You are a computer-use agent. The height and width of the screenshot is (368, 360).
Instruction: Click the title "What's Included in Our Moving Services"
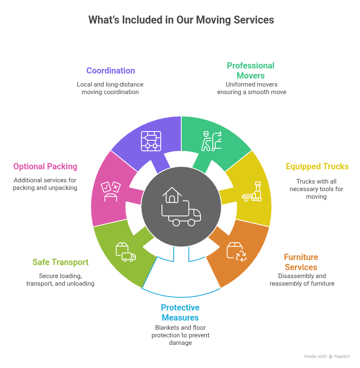[181, 20]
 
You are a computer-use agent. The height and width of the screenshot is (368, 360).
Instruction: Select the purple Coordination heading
[111, 71]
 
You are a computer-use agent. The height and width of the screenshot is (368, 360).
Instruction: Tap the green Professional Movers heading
[250, 71]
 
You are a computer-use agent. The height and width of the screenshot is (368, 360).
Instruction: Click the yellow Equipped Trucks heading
[317, 166]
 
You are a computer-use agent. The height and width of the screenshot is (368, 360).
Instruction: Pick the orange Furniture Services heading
[301, 262]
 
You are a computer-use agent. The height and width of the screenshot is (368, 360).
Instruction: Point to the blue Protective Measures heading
[180, 313]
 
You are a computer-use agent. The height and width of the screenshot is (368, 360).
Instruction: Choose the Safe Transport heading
[60, 262]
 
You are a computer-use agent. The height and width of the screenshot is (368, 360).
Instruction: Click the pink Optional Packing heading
[45, 166]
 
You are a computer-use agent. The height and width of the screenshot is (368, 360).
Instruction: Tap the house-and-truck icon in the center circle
[181, 207]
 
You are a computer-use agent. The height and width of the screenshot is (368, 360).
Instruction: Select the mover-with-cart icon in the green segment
[211, 141]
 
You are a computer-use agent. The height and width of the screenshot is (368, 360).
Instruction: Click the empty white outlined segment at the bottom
[181, 277]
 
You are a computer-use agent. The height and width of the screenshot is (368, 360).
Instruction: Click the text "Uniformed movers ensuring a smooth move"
[251, 88]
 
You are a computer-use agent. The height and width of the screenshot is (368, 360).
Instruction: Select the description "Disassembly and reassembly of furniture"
[302, 280]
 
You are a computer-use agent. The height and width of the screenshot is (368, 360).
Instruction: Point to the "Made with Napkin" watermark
[327, 356]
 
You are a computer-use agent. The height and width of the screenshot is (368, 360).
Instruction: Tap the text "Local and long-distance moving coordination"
[110, 88]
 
